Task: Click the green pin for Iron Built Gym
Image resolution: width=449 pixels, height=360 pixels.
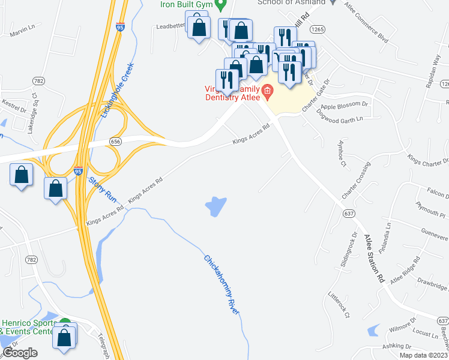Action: [x=220, y=6]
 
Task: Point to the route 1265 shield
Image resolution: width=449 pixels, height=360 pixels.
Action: [x=318, y=29]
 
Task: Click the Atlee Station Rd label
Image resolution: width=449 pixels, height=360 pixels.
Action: [x=373, y=259]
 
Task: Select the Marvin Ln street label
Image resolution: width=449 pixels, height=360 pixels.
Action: [x=23, y=29]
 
